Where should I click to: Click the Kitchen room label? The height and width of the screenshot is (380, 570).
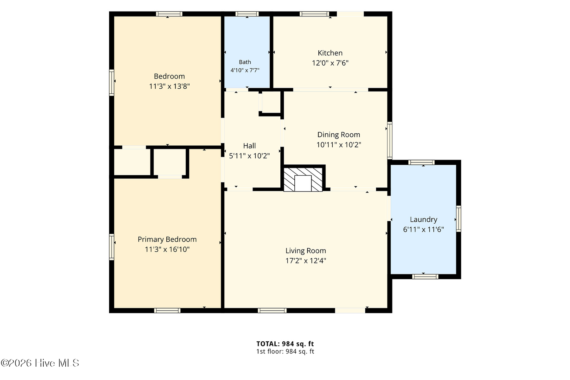[330, 53]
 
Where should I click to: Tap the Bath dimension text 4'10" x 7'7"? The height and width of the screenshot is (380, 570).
[245, 70]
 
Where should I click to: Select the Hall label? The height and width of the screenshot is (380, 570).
[249, 146]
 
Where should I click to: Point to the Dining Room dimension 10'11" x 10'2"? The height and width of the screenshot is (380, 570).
[339, 145]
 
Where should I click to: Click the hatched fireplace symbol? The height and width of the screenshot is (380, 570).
[303, 180]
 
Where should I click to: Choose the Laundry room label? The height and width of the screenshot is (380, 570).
[423, 219]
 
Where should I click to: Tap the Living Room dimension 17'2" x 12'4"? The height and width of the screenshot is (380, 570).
[305, 261]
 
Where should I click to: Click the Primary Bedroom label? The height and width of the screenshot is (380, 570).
[167, 239]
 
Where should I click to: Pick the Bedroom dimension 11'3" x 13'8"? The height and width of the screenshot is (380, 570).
[169, 86]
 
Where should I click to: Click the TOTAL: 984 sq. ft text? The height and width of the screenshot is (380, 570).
[285, 344]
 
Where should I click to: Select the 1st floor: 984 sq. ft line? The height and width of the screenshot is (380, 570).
[285, 351]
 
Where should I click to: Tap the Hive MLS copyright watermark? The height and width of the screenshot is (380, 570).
[40, 363]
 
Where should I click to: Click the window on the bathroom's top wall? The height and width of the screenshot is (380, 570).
[247, 14]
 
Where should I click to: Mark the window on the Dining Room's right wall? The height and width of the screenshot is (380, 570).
[390, 140]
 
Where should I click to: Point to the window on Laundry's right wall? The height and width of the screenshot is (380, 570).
[458, 218]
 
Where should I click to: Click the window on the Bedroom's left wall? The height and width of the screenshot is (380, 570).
[112, 82]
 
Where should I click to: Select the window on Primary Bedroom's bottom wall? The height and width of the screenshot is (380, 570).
[167, 311]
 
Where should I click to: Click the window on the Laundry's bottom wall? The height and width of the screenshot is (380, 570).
[425, 276]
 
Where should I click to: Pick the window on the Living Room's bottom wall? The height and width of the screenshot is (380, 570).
[272, 311]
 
